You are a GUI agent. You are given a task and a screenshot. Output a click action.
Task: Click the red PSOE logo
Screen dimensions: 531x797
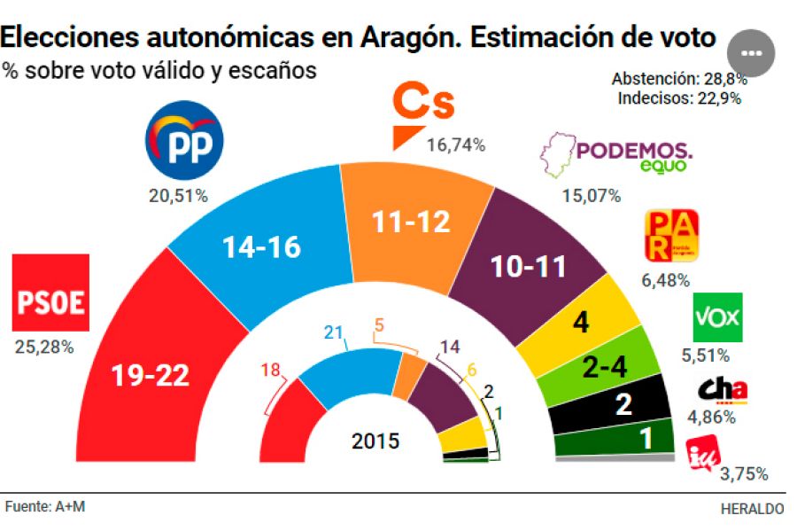50,293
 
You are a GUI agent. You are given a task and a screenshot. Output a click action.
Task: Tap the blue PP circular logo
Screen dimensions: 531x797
183,140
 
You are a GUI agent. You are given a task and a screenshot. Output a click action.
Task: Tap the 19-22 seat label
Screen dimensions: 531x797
151,377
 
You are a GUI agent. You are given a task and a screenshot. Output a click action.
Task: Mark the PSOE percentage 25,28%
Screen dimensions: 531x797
44,347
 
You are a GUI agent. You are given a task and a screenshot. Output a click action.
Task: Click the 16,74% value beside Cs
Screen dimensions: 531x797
455,145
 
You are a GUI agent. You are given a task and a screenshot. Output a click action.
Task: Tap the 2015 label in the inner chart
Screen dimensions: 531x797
375,441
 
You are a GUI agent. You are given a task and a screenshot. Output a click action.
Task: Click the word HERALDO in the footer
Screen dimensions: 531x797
752,509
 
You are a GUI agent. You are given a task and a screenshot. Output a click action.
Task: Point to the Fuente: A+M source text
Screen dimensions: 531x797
45,507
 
